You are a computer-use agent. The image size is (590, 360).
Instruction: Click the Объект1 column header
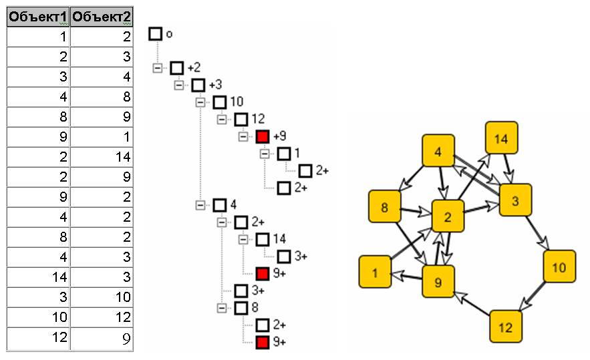(x=38, y=17)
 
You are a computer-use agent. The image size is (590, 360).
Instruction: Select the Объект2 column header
(x=102, y=17)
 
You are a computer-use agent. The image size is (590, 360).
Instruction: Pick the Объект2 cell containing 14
(x=102, y=158)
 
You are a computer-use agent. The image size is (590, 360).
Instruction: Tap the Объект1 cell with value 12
(x=38, y=338)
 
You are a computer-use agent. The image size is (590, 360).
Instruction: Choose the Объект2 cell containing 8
(x=102, y=98)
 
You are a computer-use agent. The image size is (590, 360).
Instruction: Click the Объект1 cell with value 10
(x=38, y=317)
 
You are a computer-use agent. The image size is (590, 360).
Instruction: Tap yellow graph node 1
(x=376, y=272)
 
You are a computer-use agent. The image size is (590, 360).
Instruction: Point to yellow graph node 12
(x=506, y=327)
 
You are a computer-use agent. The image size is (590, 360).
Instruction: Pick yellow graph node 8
(x=385, y=207)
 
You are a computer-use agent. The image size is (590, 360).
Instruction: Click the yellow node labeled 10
(x=559, y=267)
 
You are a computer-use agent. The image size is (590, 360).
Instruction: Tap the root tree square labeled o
(x=155, y=33)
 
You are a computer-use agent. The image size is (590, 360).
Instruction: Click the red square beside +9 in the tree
(x=263, y=137)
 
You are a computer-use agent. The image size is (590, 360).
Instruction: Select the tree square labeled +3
(x=198, y=85)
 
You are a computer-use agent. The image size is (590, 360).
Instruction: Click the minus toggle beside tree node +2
(x=158, y=68)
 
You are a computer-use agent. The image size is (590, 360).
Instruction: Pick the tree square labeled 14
(x=263, y=239)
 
